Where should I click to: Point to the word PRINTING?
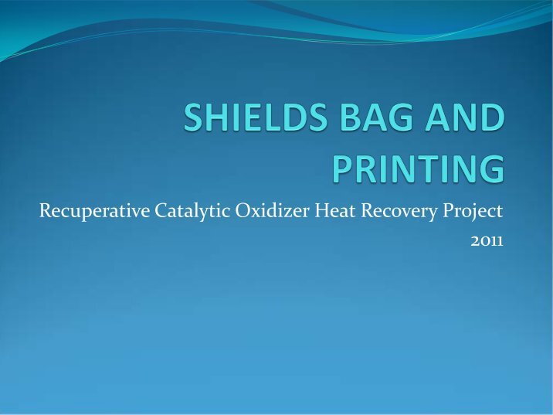(419, 168)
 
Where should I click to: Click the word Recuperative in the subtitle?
(94, 212)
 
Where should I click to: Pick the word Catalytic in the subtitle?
(192, 212)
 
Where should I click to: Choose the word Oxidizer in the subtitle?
(273, 211)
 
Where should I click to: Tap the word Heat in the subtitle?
(335, 211)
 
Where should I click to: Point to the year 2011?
(487, 241)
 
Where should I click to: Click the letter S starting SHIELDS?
(193, 117)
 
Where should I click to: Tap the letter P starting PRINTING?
(342, 168)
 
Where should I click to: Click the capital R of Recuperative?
(46, 211)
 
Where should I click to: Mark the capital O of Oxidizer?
(243, 211)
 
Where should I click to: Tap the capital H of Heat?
(322, 211)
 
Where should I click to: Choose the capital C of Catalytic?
(161, 211)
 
